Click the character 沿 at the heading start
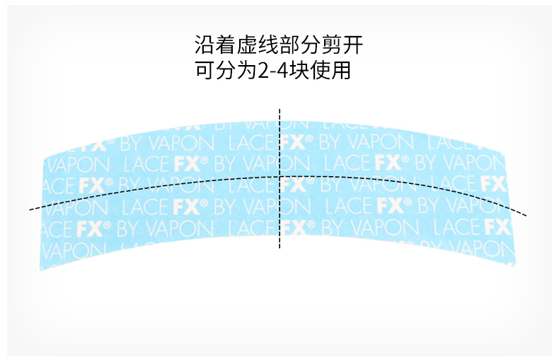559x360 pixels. pos(204,47)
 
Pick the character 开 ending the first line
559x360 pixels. pos(362,47)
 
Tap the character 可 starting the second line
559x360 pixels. pos(204,71)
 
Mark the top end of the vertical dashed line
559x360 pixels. pos(280,110)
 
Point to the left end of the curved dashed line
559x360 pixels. pos(30,209)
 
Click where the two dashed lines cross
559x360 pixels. pos(280,175)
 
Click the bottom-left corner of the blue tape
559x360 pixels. pos(41,270)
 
